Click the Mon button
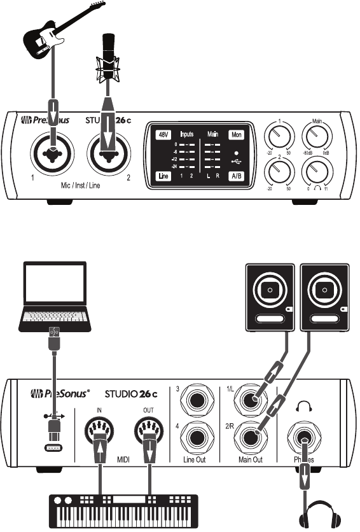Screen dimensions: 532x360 point(237,134)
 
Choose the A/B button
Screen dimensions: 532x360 point(237,176)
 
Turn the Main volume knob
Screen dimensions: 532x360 point(317,135)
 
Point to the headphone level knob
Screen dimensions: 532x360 point(317,172)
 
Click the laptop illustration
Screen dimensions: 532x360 point(53,295)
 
